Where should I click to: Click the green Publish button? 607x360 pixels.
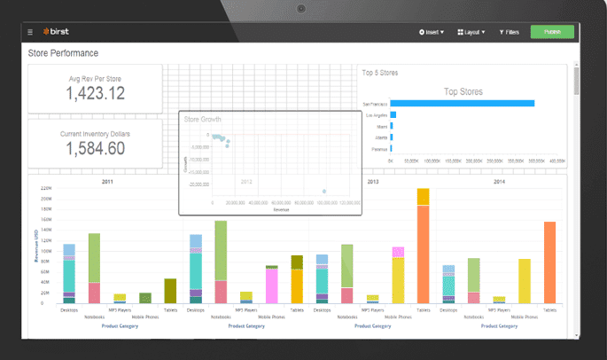[x=552, y=32]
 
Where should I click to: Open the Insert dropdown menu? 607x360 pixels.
[x=432, y=33]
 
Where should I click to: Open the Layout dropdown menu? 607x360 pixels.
[x=471, y=33]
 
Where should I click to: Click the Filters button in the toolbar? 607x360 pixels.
[x=510, y=33]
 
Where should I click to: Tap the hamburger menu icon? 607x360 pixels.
[x=30, y=33]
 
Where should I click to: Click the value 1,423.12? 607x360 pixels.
[x=96, y=93]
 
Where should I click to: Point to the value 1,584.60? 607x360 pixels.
[x=96, y=148]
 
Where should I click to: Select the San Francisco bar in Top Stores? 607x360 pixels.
[x=462, y=103]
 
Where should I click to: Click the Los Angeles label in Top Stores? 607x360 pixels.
[x=375, y=115]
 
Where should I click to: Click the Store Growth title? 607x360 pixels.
[x=202, y=119]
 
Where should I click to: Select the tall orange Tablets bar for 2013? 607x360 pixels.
[x=423, y=253]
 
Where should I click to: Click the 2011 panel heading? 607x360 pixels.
[x=106, y=181]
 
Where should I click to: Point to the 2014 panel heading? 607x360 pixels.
[x=499, y=181]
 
